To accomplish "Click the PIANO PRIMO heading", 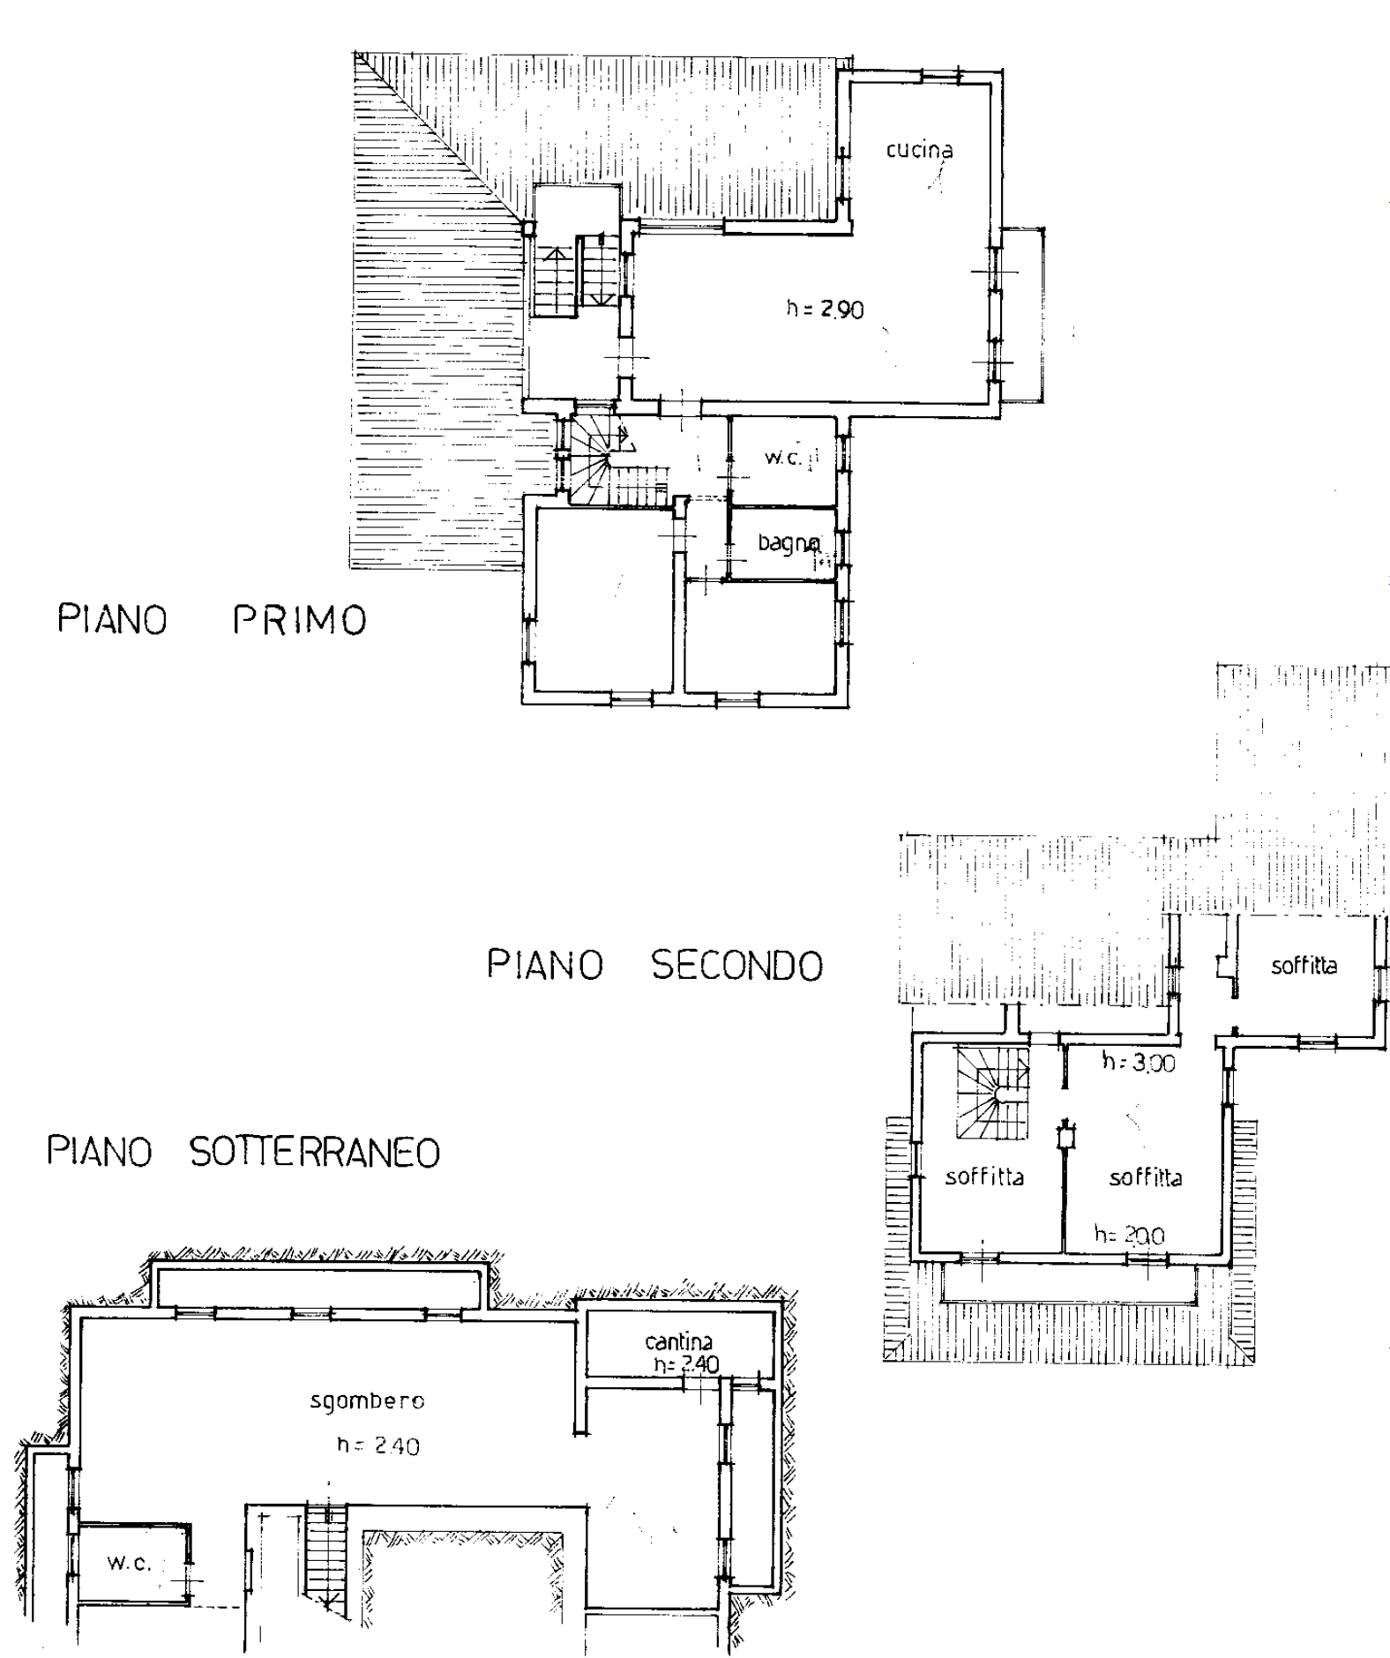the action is (x=212, y=620).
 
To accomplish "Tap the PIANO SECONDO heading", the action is (x=655, y=966).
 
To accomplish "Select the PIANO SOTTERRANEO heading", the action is (x=243, y=1152).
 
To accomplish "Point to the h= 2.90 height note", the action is (x=825, y=310).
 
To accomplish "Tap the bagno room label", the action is (x=789, y=544).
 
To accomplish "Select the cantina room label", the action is (x=678, y=1342).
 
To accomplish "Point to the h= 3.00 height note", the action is (x=1139, y=1063).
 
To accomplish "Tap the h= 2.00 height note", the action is (x=1129, y=1236).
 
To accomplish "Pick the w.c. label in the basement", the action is (x=130, y=1564).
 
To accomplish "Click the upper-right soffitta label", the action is (x=1304, y=966).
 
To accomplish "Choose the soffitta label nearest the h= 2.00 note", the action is (x=1146, y=1177).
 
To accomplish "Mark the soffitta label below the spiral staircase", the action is (x=984, y=1177).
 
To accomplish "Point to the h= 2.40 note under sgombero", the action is (x=378, y=1445).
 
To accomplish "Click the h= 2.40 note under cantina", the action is (x=686, y=1364).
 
